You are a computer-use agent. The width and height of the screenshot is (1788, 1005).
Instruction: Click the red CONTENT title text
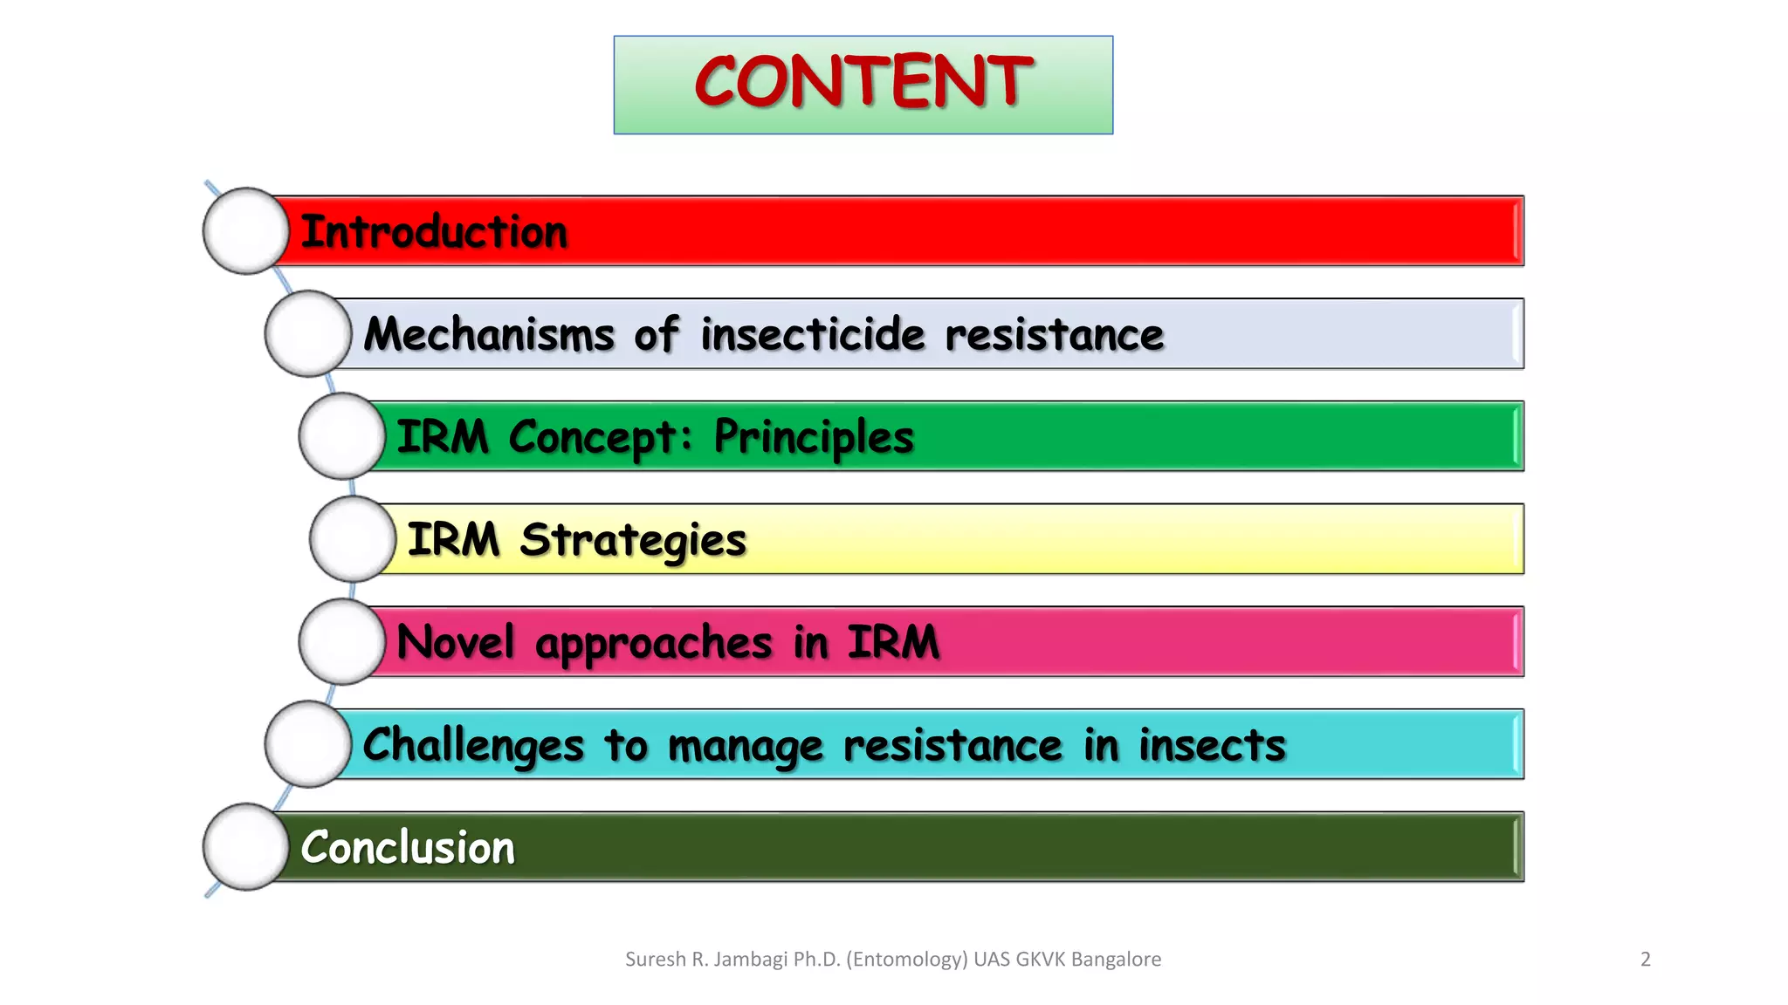(863, 82)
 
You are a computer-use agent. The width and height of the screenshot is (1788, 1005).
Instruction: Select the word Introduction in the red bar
(434, 232)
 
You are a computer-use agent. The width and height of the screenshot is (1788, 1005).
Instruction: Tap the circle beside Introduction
(246, 231)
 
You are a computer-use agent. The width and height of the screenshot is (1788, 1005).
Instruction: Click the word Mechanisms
(489, 335)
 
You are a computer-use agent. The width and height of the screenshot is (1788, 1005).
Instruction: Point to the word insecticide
(812, 335)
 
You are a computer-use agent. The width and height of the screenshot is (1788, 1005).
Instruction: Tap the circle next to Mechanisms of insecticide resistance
(308, 334)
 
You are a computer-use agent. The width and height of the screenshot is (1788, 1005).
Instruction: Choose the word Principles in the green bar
(814, 438)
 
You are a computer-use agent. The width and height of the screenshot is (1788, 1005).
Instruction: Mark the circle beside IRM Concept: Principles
(342, 436)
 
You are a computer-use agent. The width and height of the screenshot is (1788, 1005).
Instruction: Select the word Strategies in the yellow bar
(633, 541)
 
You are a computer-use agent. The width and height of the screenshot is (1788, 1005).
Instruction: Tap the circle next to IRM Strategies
(353, 539)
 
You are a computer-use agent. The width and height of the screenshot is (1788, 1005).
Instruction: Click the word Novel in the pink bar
(455, 643)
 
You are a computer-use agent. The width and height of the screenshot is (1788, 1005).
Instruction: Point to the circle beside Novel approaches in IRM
(342, 642)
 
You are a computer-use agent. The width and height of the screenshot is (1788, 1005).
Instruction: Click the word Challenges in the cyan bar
(472, 747)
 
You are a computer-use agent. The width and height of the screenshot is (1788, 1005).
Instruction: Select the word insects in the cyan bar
(1212, 746)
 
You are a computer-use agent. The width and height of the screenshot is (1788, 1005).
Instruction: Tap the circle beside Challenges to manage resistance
(308, 744)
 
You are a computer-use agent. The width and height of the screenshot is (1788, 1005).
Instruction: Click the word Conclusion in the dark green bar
(408, 848)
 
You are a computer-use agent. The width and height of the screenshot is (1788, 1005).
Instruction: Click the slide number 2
(1646, 960)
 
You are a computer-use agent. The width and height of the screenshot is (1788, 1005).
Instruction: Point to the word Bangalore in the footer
(1116, 960)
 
